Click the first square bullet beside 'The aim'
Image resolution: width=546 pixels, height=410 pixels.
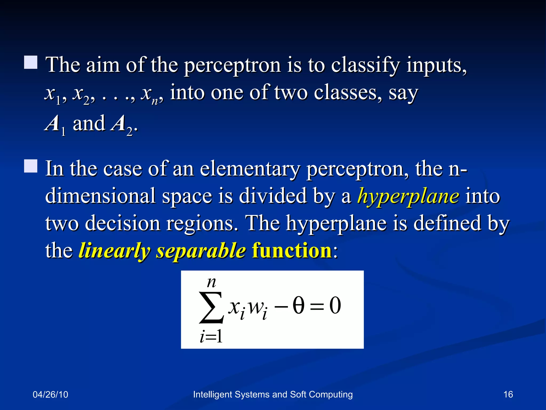[x=31, y=62]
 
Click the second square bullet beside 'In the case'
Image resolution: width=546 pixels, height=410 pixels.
[x=31, y=166]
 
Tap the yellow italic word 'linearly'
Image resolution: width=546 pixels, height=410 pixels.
[x=114, y=251]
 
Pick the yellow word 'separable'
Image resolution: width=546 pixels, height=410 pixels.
[x=201, y=251]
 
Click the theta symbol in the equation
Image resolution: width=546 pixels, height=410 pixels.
[x=298, y=305]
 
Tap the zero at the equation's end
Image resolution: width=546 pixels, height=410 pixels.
[x=335, y=306]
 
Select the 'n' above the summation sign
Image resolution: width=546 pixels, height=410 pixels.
[x=211, y=282]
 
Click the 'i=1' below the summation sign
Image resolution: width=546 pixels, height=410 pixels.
[x=211, y=336]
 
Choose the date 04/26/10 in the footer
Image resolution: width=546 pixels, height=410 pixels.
[x=50, y=395]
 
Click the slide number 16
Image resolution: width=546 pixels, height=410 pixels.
[x=508, y=394]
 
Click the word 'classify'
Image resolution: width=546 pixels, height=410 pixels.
[x=365, y=65]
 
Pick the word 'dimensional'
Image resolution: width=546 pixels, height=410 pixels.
[x=100, y=196]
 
